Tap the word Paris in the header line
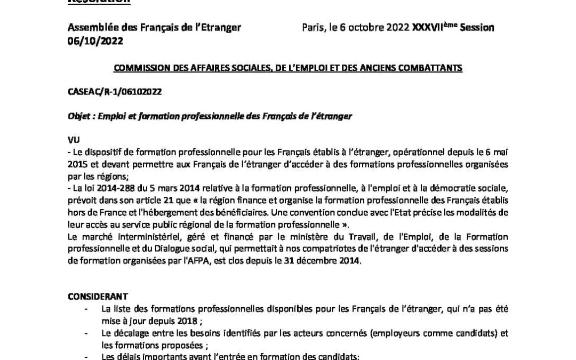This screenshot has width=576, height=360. tap(313, 28)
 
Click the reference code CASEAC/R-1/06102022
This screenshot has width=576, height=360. tap(115, 92)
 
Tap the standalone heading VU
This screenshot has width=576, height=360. tap(74, 140)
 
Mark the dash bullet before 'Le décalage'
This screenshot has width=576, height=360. tap(86, 333)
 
